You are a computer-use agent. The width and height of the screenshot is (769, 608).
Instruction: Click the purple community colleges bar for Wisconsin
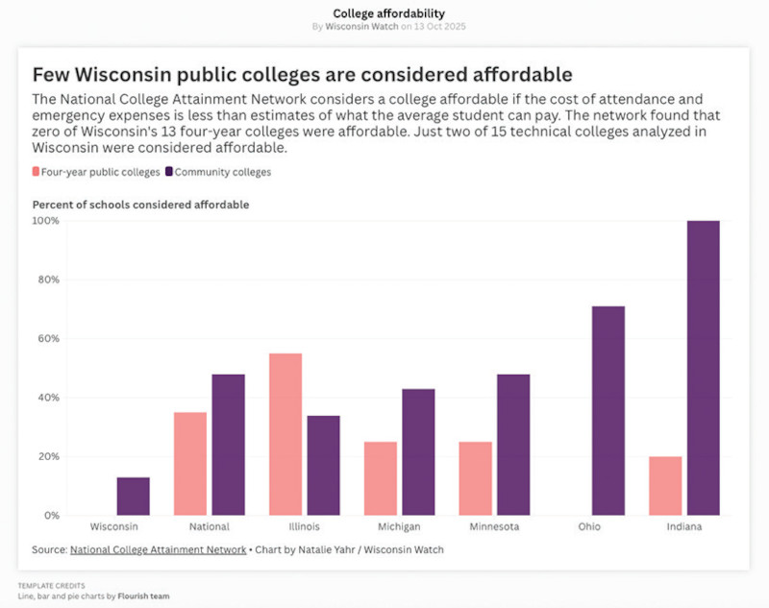(134, 496)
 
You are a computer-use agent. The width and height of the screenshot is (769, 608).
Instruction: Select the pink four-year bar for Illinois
(285, 434)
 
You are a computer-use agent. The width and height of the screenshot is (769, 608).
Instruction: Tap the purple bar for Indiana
(703, 368)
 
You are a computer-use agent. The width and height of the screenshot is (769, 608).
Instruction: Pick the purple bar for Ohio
(608, 410)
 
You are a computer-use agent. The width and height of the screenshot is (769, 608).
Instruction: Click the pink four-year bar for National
(190, 464)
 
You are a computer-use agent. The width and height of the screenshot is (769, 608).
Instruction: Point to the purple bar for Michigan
(418, 451)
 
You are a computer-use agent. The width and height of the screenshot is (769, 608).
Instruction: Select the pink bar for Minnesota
(475, 478)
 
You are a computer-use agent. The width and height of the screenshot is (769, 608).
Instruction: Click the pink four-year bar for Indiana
(665, 485)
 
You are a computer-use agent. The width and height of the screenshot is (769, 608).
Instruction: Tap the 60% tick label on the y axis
(47, 339)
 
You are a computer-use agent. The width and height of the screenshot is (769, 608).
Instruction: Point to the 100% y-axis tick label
(45, 221)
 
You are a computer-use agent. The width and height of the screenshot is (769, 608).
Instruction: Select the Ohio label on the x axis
(589, 527)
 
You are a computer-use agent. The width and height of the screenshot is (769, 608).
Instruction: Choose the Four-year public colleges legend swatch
(37, 172)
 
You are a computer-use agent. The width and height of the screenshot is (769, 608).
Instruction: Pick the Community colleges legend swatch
(169, 172)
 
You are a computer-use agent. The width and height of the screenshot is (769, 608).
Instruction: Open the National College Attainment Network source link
(158, 549)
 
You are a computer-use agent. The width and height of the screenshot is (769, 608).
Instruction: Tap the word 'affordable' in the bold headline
(519, 74)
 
